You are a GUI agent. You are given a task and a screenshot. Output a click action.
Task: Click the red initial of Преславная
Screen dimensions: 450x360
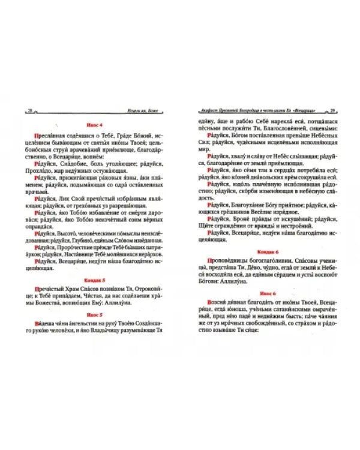(x=37, y=135)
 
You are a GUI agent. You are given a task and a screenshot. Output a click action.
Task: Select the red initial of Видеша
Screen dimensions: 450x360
(x=37, y=325)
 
